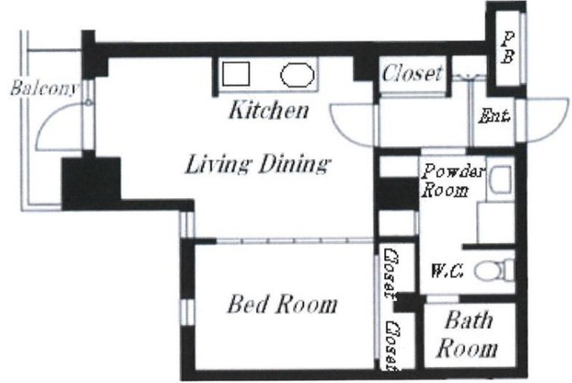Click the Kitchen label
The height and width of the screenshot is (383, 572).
point(269,110)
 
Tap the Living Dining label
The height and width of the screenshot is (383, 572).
point(258,163)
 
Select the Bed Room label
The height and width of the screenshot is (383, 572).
point(282,304)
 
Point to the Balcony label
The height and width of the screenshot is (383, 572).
point(45,87)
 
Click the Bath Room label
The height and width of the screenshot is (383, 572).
point(467,334)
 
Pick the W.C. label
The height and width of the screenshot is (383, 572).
point(447,271)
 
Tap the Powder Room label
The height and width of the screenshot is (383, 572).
point(453,180)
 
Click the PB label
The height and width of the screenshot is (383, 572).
point(508,47)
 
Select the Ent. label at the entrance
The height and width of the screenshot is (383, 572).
point(494,116)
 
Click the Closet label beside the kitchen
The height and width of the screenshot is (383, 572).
point(412,73)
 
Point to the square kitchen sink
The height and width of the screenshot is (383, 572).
point(236,74)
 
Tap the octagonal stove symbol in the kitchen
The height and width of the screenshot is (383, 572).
point(297,75)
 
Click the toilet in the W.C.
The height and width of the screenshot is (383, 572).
point(495,271)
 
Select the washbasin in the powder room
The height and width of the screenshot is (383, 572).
point(500,179)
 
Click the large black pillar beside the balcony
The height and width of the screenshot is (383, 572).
point(91,183)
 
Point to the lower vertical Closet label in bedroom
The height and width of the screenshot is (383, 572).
point(392,345)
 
